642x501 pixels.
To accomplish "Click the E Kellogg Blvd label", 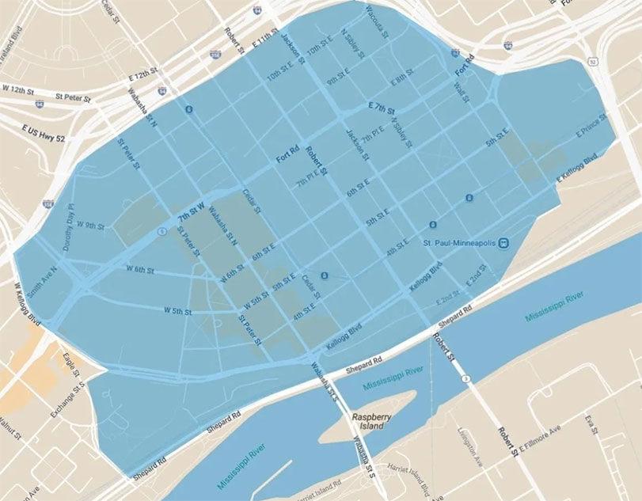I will (576, 171).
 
